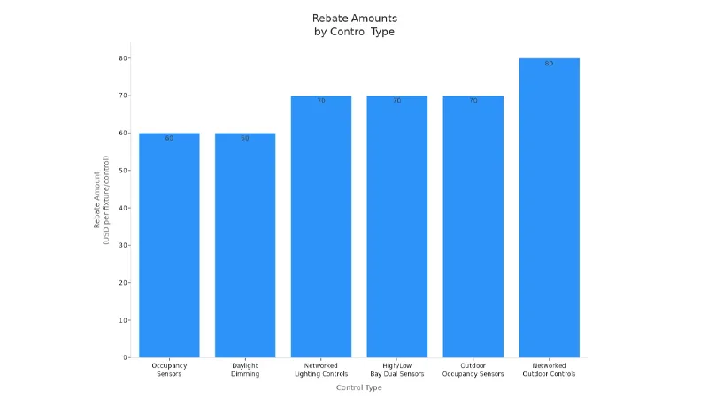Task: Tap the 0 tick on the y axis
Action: tap(127, 357)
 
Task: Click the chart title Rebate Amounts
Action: tap(354, 19)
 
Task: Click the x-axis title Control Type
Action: tap(359, 387)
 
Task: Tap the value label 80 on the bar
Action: tap(550, 64)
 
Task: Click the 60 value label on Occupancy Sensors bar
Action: tap(169, 138)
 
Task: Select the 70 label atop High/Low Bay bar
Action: tap(397, 101)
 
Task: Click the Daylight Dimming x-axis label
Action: tap(245, 370)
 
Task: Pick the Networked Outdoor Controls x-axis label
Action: tap(550, 370)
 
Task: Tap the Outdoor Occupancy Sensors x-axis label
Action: tap(473, 370)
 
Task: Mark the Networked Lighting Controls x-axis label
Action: tap(321, 370)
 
